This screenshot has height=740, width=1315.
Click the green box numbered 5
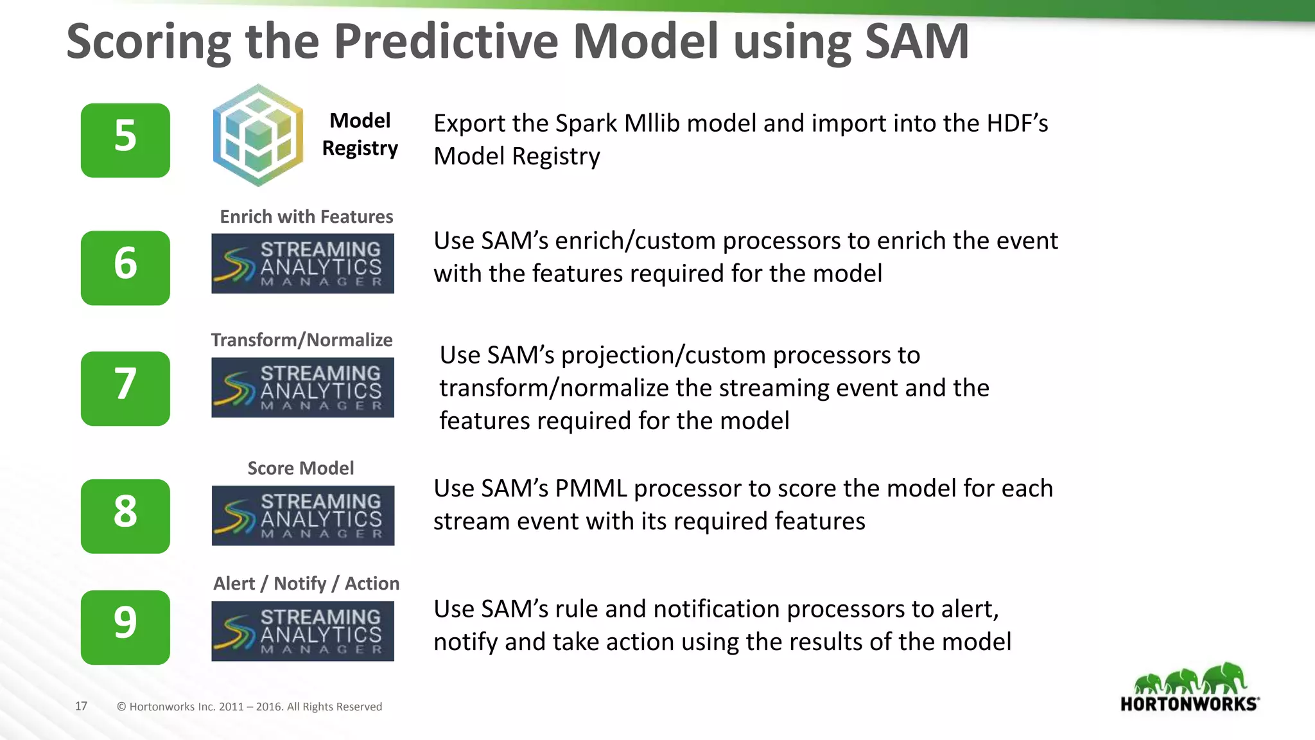[x=125, y=140]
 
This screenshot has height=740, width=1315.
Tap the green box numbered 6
[x=125, y=267]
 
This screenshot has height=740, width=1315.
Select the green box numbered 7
[x=125, y=388]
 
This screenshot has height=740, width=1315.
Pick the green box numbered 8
[x=125, y=516]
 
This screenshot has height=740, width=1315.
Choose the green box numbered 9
[x=125, y=627]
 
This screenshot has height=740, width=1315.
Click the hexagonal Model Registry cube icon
[x=258, y=136]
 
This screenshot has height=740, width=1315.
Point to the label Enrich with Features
[x=306, y=216]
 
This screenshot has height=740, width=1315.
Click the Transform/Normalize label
[x=302, y=340]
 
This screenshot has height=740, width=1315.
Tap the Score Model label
[x=300, y=468]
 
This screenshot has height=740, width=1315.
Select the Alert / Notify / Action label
[x=306, y=583]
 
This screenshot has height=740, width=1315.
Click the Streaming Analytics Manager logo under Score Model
[x=303, y=516]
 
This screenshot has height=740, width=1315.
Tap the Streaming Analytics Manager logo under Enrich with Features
[x=303, y=263]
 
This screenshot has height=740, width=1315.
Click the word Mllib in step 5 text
[x=652, y=123]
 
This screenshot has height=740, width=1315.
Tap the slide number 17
[x=81, y=706]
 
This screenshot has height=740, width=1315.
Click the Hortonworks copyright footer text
[x=249, y=707]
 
